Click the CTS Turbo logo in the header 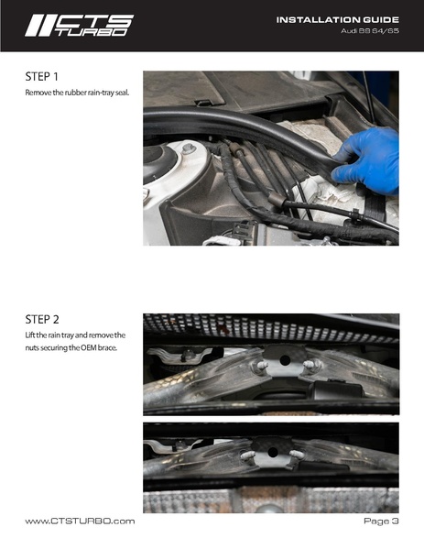pyautogui.click(x=80, y=26)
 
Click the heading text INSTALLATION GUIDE pyautogui.click(x=338, y=19)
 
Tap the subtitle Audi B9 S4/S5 pyautogui.click(x=370, y=31)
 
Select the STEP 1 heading pyautogui.click(x=41, y=76)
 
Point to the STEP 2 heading pyautogui.click(x=42, y=319)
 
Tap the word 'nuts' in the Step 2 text pyautogui.click(x=31, y=348)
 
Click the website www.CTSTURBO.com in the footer pyautogui.click(x=80, y=522)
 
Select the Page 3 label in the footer pyautogui.click(x=381, y=522)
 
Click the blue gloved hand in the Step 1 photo pyautogui.click(x=367, y=161)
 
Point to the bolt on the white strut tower pyautogui.click(x=189, y=148)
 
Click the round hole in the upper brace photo pyautogui.click(x=285, y=359)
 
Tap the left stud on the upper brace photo pyautogui.click(x=260, y=366)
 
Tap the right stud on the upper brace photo pyautogui.click(x=310, y=365)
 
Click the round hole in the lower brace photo pyautogui.click(x=273, y=452)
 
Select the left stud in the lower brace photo pyautogui.click(x=246, y=456)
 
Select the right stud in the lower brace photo pyautogui.click(x=297, y=455)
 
